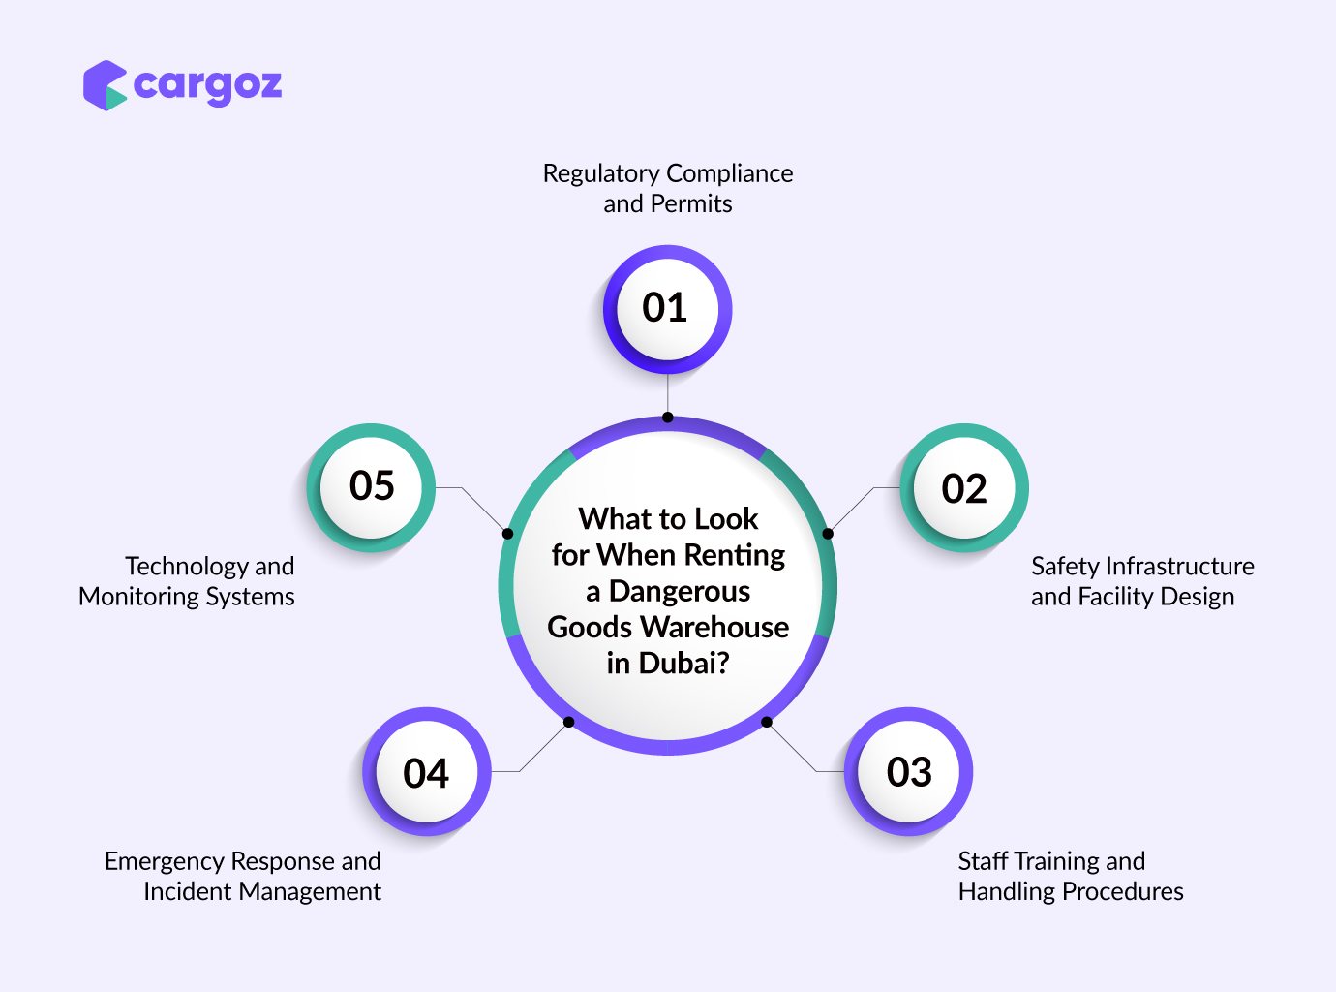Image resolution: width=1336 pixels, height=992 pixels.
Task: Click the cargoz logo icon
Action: (x=105, y=85)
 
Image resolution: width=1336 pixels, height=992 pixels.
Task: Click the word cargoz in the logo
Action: (x=207, y=87)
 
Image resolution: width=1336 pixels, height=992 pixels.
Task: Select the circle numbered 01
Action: (x=667, y=309)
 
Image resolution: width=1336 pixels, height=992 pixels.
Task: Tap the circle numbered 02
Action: (x=963, y=487)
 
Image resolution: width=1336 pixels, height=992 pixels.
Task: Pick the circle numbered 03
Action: (x=908, y=771)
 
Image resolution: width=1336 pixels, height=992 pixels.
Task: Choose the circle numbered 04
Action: (x=427, y=771)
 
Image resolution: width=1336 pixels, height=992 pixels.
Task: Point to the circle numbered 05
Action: (x=371, y=487)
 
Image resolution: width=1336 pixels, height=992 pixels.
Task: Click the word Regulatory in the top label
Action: (x=601, y=174)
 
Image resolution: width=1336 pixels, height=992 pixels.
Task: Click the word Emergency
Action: (x=163, y=862)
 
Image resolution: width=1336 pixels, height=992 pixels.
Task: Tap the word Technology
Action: (x=187, y=568)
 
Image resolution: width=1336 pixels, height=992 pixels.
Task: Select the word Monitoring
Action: (x=139, y=598)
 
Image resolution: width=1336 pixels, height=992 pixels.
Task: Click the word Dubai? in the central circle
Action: (x=683, y=663)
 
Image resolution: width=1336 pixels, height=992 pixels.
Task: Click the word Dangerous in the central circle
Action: (x=680, y=591)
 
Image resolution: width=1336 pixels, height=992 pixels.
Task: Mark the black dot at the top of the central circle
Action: (x=667, y=418)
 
